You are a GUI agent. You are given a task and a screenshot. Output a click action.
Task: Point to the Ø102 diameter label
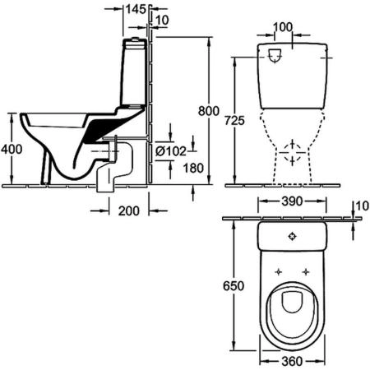(x=172, y=150)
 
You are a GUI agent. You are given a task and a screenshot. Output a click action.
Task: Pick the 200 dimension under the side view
(x=128, y=210)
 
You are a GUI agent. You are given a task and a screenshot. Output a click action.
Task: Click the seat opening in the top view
(x=294, y=303)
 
